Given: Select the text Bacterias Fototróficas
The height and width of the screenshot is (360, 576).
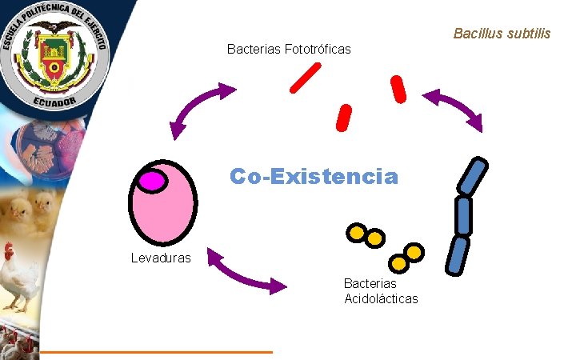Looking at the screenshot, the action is click(x=289, y=50).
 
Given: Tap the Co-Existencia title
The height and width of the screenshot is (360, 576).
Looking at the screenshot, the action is click(x=313, y=176).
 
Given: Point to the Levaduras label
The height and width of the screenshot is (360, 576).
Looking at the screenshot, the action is click(x=161, y=258).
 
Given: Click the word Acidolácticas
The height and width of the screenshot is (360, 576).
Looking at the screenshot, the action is click(x=380, y=299).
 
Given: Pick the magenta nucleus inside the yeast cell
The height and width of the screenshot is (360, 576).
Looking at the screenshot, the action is click(x=150, y=181).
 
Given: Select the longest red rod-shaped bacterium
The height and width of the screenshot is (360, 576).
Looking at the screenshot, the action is click(x=305, y=78).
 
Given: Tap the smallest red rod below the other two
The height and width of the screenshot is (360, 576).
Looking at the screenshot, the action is click(x=344, y=118).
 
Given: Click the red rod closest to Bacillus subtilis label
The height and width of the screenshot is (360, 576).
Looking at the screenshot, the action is click(x=398, y=89).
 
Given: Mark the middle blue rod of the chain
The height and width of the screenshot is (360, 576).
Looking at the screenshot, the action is click(x=463, y=216).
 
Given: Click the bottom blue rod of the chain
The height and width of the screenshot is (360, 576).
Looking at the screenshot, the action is click(x=458, y=255).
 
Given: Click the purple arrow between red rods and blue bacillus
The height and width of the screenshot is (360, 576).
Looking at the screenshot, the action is click(x=453, y=109).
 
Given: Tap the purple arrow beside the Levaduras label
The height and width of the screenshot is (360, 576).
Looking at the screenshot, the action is click(x=246, y=271).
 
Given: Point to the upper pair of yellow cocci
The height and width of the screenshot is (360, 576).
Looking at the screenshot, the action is click(x=364, y=235).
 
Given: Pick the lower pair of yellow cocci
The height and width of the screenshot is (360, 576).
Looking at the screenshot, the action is click(x=406, y=258).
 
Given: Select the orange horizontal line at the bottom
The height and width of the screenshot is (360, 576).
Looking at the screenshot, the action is click(x=157, y=351).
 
